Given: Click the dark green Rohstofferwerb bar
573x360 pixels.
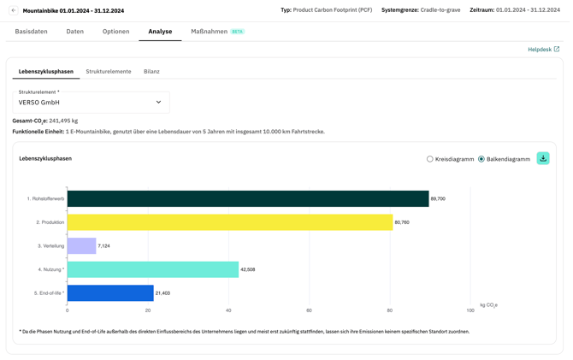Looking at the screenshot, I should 248,198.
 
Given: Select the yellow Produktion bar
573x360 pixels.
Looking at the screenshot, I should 229,222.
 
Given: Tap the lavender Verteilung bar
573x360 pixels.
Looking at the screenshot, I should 81,245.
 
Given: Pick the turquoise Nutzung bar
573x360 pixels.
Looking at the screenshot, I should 152,269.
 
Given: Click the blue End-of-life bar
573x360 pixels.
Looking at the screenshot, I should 110,292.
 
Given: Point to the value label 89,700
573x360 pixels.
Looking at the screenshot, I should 438,198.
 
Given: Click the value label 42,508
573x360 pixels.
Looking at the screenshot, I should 248,269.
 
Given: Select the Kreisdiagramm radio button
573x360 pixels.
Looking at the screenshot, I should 430,159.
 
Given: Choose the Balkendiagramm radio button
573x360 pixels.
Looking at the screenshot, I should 481,159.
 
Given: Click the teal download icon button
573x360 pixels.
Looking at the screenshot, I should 543,158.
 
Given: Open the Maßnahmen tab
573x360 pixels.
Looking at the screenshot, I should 209,32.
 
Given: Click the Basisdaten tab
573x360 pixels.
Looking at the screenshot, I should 32,32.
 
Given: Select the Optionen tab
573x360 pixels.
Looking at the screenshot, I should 116,32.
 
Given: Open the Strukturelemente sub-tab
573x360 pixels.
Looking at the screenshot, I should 109,72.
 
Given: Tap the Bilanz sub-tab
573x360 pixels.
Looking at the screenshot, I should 151,72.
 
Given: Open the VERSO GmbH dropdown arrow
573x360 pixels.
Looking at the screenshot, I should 158,103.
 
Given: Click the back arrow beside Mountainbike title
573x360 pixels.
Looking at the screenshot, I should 14,10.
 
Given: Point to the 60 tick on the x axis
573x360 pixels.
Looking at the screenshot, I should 310,310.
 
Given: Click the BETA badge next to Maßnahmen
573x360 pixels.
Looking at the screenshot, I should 238,32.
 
